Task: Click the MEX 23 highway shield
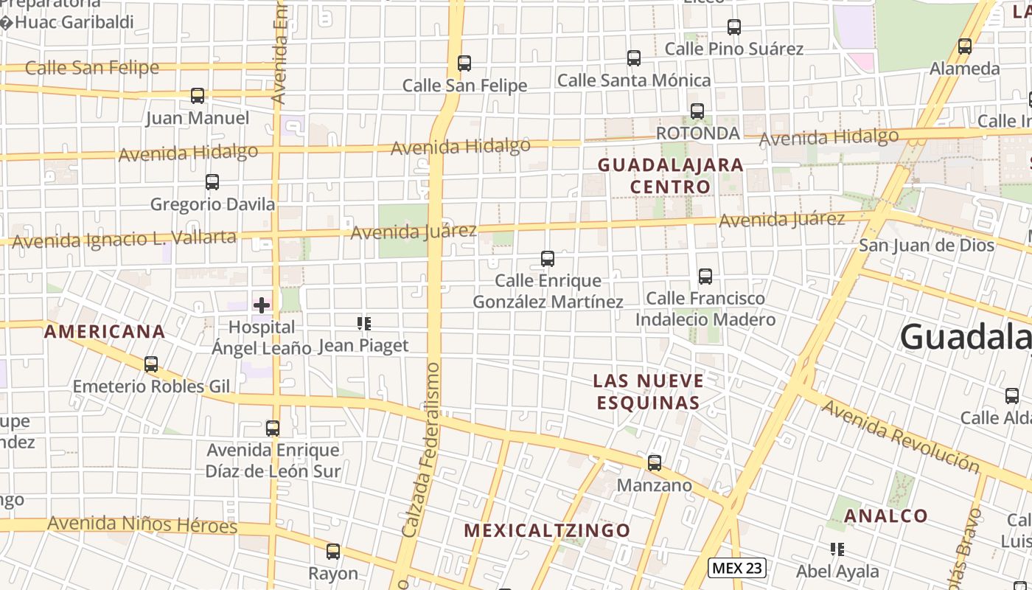coord(736,568)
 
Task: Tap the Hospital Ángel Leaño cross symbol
coord(262,305)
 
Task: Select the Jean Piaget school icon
coord(363,324)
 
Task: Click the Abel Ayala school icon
coord(837,549)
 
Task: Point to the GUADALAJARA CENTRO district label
coord(670,176)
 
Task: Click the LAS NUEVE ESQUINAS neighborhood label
coord(648,392)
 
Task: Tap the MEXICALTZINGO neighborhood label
coord(548,530)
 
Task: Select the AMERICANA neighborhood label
coord(105,332)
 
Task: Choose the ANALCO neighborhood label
coord(885,516)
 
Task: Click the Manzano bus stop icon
coord(655,463)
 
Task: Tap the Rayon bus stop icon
coord(333,552)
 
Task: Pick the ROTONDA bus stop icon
coord(697,111)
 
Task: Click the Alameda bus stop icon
coord(964,46)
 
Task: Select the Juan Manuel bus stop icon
coord(198,96)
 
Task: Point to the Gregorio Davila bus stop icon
coord(212,181)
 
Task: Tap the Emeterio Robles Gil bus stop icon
coord(151,364)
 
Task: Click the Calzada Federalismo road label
coord(422,449)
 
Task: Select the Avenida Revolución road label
coord(900,436)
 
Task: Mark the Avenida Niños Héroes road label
coord(142,525)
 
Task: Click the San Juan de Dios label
coord(926,245)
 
